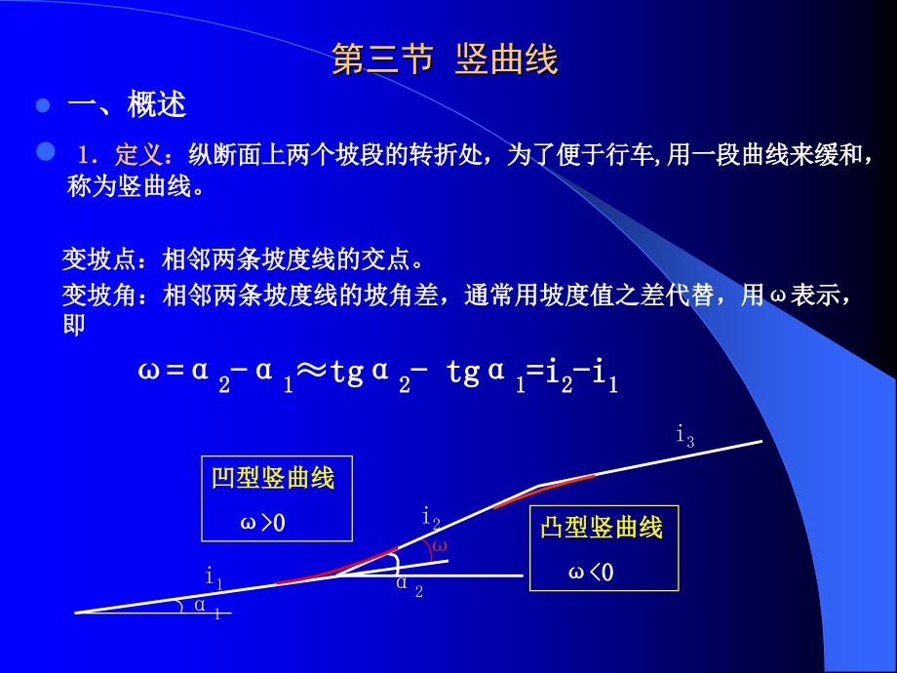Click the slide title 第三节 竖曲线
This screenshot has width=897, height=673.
[x=445, y=59]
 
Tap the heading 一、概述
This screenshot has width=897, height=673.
[x=127, y=104]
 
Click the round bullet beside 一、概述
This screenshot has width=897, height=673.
[x=42, y=105]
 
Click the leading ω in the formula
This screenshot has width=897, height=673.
[x=148, y=371]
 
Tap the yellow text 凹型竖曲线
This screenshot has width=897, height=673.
[x=273, y=478]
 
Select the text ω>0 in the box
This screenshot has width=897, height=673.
[x=262, y=522]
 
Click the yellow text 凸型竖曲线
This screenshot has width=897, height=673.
[x=602, y=527]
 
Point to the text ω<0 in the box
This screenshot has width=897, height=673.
[x=591, y=572]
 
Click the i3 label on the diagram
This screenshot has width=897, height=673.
[x=685, y=436]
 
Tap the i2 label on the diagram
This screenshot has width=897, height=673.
[x=431, y=519]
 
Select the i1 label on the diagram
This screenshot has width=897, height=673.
[x=214, y=577]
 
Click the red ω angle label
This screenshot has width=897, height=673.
[x=440, y=545]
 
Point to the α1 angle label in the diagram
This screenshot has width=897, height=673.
[x=207, y=608]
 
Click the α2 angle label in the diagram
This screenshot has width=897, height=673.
[x=409, y=586]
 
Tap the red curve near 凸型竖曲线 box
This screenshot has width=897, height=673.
[x=544, y=491]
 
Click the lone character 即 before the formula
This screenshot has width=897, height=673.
[x=74, y=324]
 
